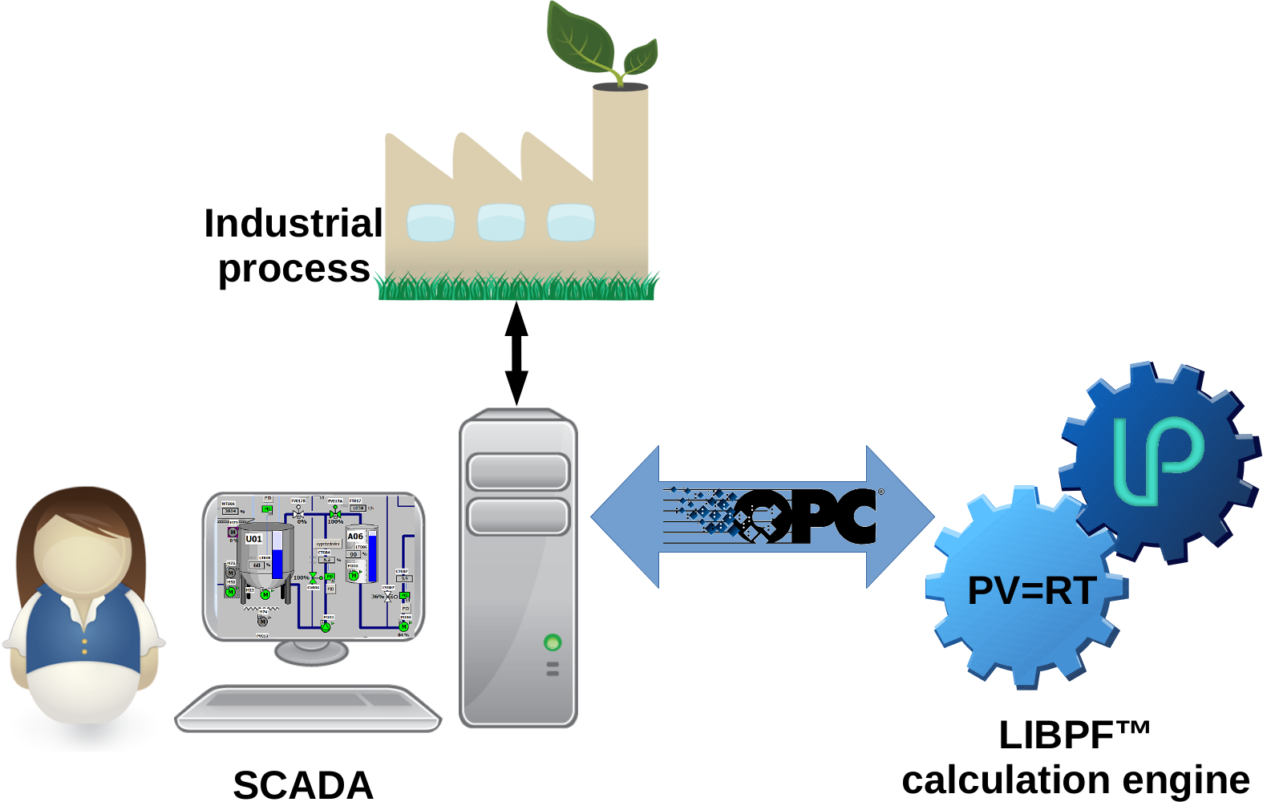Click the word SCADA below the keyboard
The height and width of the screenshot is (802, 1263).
(x=303, y=784)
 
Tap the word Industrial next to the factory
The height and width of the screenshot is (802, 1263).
(x=293, y=224)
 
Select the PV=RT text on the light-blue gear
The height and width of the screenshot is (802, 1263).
(x=1031, y=592)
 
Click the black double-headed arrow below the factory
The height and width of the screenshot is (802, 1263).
(x=516, y=353)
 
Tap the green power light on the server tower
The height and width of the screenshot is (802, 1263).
(x=552, y=642)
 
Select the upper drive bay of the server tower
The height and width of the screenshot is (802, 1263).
(x=518, y=472)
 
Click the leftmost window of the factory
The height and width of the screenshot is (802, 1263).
(x=431, y=223)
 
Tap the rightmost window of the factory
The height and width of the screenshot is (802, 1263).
(x=571, y=223)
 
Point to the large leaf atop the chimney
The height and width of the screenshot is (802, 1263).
(x=581, y=36)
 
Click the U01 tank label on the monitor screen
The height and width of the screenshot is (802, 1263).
(x=253, y=539)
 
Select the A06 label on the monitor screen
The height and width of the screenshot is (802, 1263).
(x=355, y=536)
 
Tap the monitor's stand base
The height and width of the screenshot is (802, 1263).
(x=311, y=652)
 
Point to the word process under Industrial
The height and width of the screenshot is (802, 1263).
(x=294, y=269)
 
